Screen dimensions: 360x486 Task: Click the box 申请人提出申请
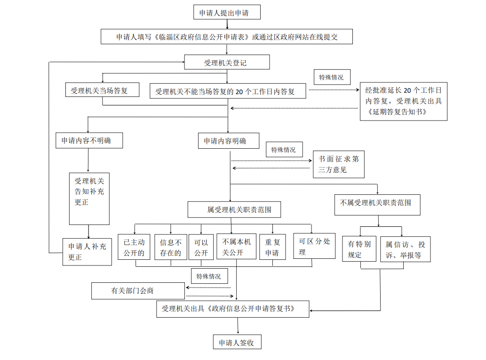coord(227,13)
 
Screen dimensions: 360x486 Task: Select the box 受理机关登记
coord(227,62)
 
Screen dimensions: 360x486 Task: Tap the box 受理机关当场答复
coord(103,90)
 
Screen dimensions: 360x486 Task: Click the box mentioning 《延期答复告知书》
coord(403,102)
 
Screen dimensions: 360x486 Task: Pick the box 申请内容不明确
coord(89,140)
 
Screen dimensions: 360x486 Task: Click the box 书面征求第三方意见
coord(339,164)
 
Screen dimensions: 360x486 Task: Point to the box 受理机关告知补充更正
coord(89,198)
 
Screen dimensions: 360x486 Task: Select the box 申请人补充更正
coord(88,251)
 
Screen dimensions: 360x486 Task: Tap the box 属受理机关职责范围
coord(234,209)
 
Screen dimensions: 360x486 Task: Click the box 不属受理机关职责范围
coord(377,205)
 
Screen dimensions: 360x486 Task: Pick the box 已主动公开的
coord(134,248)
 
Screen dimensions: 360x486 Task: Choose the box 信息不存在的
coord(170,248)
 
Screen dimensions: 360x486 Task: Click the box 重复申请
coord(272,248)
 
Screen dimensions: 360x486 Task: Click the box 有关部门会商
coord(138,291)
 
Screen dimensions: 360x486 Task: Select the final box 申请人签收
coord(237,342)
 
